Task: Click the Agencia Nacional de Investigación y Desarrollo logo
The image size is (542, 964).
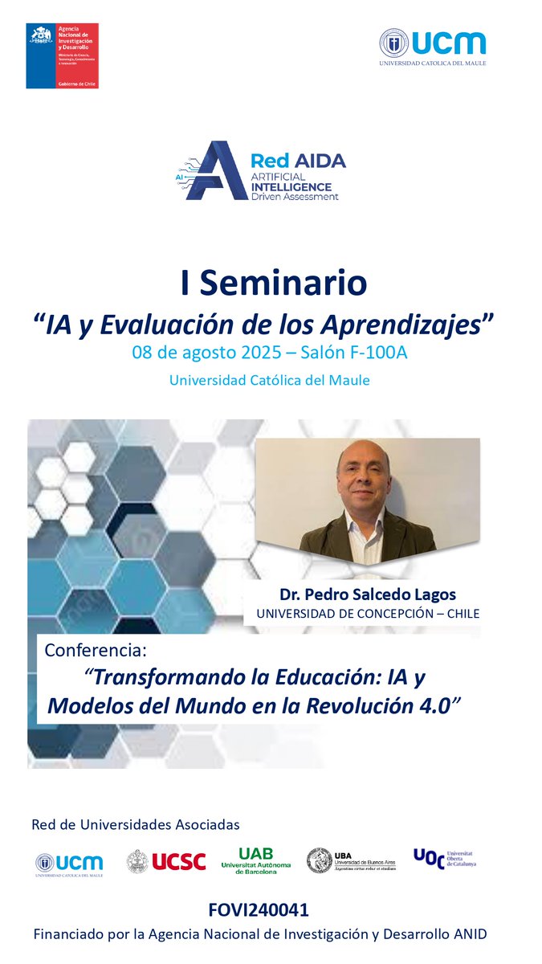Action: (63, 55)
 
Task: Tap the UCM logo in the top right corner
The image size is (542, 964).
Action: (433, 47)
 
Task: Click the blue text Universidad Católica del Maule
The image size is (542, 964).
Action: (269, 380)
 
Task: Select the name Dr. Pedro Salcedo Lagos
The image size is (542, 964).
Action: (367, 594)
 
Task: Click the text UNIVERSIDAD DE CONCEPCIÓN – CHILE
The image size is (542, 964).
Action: (367, 614)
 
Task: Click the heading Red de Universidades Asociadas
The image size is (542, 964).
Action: (135, 825)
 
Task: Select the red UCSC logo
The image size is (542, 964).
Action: (166, 862)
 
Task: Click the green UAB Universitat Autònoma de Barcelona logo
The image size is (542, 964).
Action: (255, 860)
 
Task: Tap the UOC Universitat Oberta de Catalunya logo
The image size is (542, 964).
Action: (444, 859)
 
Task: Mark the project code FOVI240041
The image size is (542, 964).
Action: (258, 909)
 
